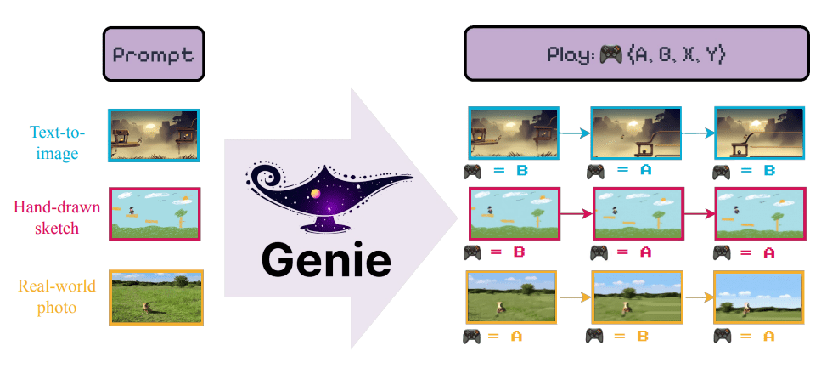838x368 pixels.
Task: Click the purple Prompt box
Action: click(x=154, y=54)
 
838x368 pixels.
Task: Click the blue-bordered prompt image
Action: click(x=154, y=134)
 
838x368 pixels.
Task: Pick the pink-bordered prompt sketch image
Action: click(x=154, y=213)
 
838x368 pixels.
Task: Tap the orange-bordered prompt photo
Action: click(x=154, y=297)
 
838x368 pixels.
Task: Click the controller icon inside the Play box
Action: click(x=609, y=54)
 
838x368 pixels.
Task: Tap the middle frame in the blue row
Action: click(x=635, y=133)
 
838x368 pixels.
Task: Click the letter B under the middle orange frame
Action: click(x=642, y=337)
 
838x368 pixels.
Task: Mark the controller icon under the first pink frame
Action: click(x=472, y=252)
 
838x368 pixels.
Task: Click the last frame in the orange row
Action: click(x=759, y=297)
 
